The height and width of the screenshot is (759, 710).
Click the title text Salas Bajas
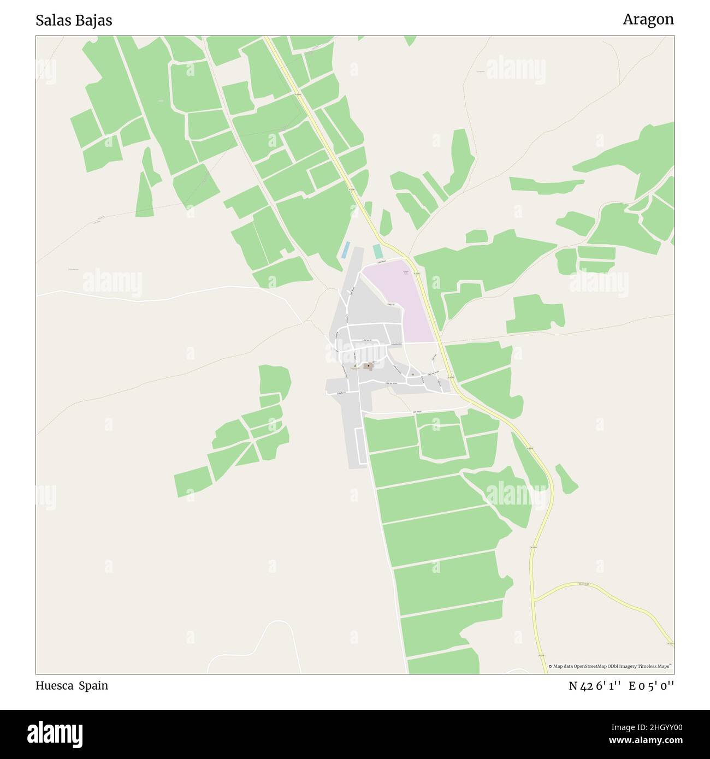pyautogui.click(x=74, y=20)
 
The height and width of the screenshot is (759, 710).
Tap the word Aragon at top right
pyautogui.click(x=648, y=20)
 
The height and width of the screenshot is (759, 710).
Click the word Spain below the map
pyautogui.click(x=93, y=685)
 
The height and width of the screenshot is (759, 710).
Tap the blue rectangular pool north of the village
pyautogui.click(x=345, y=250)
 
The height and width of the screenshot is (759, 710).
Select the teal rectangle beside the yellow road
pyautogui.click(x=377, y=251)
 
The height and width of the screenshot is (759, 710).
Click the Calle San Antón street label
pyautogui.click(x=394, y=384)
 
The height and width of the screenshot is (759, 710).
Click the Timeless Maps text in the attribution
pyautogui.click(x=655, y=666)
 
